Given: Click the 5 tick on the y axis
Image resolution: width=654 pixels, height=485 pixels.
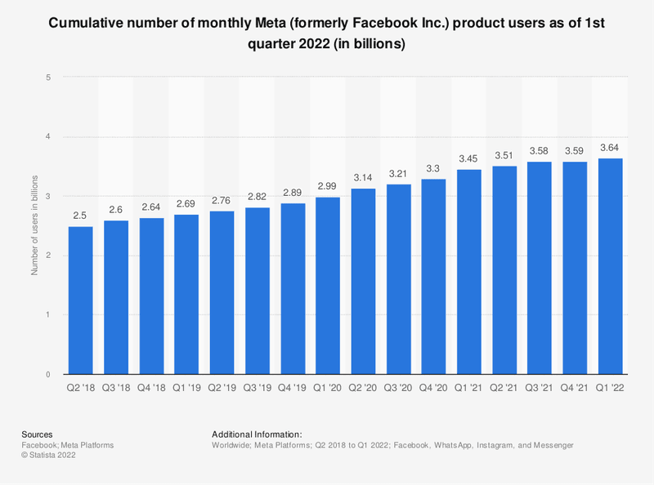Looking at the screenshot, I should point(50,78).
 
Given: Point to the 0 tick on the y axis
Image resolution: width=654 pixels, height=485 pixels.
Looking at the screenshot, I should point(50,374).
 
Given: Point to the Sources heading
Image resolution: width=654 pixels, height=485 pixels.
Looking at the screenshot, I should point(37,434).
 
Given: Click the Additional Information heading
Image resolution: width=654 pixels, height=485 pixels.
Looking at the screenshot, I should point(257,434).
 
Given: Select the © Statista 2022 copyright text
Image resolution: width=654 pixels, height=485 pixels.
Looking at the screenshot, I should point(52,456).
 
